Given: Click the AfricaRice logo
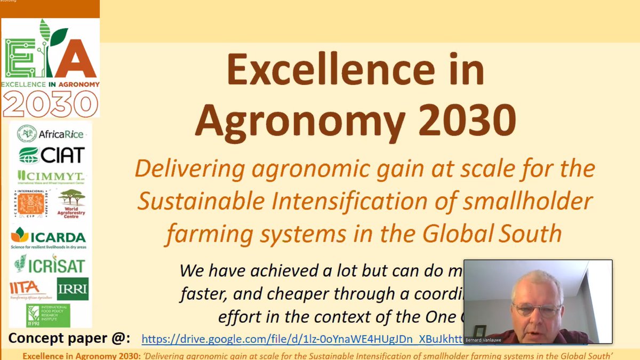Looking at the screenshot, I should (50, 134).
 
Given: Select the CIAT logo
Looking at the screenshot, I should (51, 155).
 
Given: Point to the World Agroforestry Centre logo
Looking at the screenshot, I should (71, 204).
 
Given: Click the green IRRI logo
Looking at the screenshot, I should (73, 289).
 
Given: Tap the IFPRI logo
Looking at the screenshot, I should (48, 315).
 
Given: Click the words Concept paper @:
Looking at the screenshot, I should (69, 338).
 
